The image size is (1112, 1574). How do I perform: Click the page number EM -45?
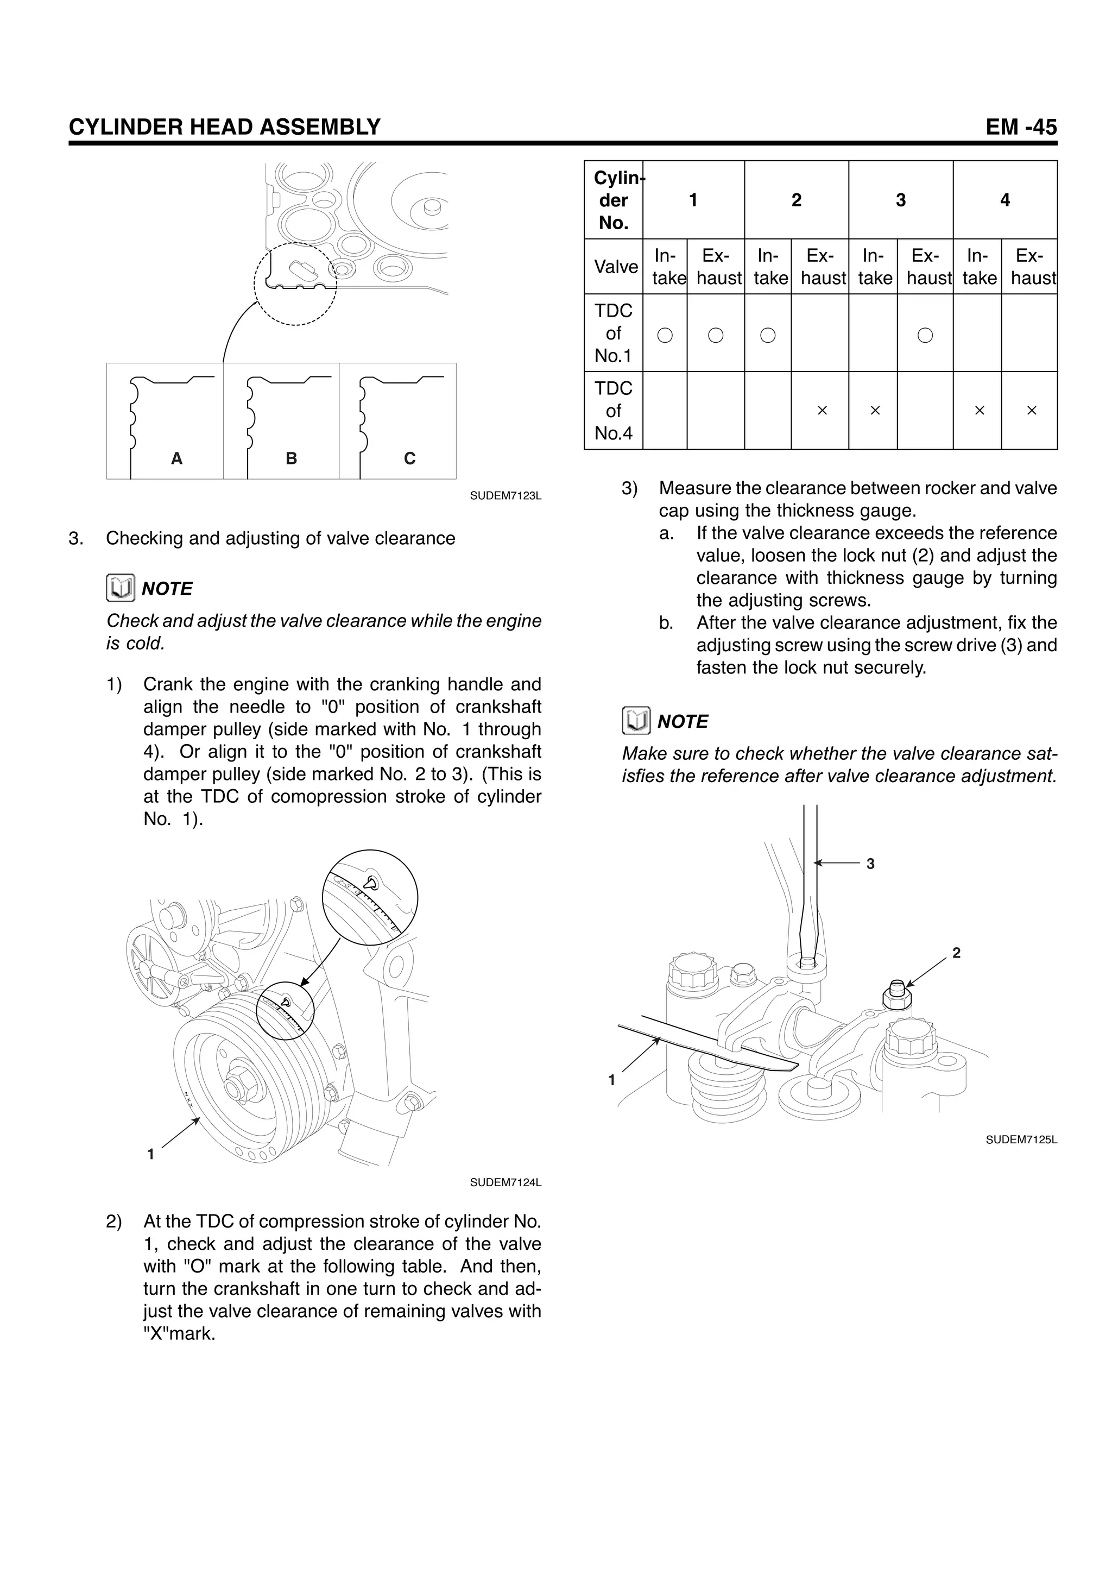tap(1021, 127)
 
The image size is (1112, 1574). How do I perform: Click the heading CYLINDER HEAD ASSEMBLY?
tap(224, 127)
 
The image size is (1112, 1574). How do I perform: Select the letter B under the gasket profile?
tap(291, 458)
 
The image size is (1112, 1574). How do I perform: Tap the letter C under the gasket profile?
tap(410, 458)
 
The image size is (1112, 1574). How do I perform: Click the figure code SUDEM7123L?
tap(506, 496)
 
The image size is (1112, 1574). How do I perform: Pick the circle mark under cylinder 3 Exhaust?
tap(925, 335)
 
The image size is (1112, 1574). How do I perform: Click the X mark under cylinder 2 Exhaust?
tap(822, 411)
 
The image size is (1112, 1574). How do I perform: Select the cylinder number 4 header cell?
tap(1004, 200)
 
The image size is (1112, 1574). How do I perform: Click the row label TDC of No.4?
tap(613, 411)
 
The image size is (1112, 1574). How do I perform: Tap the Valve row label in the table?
tap(616, 267)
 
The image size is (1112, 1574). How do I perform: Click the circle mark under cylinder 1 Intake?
tap(665, 335)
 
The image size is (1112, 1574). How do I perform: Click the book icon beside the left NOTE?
tap(121, 588)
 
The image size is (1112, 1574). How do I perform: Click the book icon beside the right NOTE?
tap(636, 721)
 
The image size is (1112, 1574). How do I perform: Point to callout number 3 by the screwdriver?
tap(870, 864)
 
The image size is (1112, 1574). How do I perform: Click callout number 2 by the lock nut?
tap(957, 953)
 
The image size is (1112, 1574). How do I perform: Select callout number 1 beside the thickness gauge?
tap(612, 1080)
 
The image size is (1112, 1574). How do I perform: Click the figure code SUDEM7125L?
tap(1021, 1140)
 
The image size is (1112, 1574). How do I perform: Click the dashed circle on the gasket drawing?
tap(295, 284)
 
